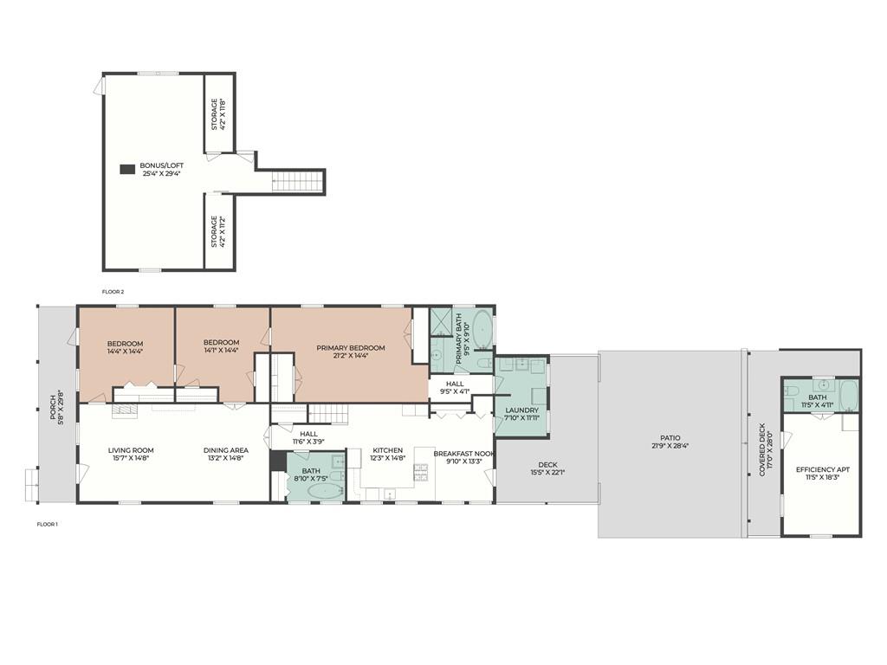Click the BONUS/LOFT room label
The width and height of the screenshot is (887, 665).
(x=161, y=165)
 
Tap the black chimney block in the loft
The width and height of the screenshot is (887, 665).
(x=127, y=169)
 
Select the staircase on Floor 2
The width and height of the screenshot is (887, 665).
(x=298, y=181)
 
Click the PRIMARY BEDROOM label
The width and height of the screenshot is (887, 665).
(x=351, y=348)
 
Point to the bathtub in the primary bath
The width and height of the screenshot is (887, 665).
(x=482, y=330)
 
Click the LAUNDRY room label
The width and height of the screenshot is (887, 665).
(x=521, y=410)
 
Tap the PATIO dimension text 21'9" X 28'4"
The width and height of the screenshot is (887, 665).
(x=670, y=446)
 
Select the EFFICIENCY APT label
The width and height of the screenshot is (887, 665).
(x=823, y=469)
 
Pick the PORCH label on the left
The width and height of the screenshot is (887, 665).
(x=53, y=407)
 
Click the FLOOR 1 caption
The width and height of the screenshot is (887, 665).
(x=48, y=524)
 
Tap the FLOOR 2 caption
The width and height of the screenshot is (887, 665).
(x=113, y=292)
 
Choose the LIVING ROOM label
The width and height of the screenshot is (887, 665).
(x=131, y=450)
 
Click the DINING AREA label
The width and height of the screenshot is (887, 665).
(x=226, y=450)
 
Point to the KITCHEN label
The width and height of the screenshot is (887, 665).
(x=387, y=450)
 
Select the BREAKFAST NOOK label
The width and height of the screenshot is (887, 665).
(x=464, y=454)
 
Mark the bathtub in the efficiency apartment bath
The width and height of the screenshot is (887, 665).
(x=849, y=396)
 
